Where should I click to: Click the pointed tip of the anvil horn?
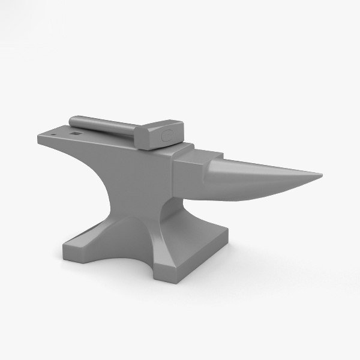320,176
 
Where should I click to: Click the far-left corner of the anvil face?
40,140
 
